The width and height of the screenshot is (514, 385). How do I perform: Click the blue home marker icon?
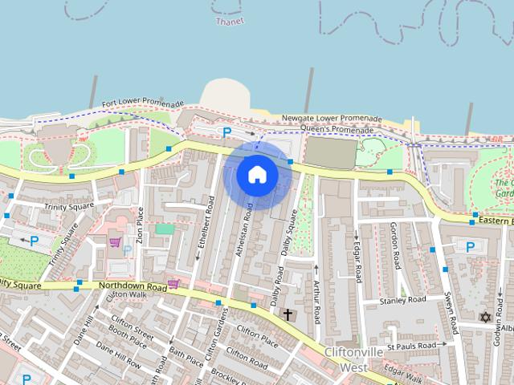click(x=256, y=174)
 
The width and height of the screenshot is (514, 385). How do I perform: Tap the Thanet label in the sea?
click(x=230, y=22)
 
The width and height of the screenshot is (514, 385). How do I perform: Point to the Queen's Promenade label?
click(x=337, y=129)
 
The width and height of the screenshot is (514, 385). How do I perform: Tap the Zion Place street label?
click(x=140, y=225)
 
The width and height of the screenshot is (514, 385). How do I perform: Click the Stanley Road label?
click(x=402, y=300)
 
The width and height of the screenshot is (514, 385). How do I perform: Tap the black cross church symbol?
click(x=288, y=315)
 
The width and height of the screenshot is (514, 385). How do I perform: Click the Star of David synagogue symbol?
click(x=484, y=317)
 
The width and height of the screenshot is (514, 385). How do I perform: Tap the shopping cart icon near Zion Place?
click(x=116, y=241)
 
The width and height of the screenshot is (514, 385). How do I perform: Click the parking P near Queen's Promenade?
click(x=227, y=133)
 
